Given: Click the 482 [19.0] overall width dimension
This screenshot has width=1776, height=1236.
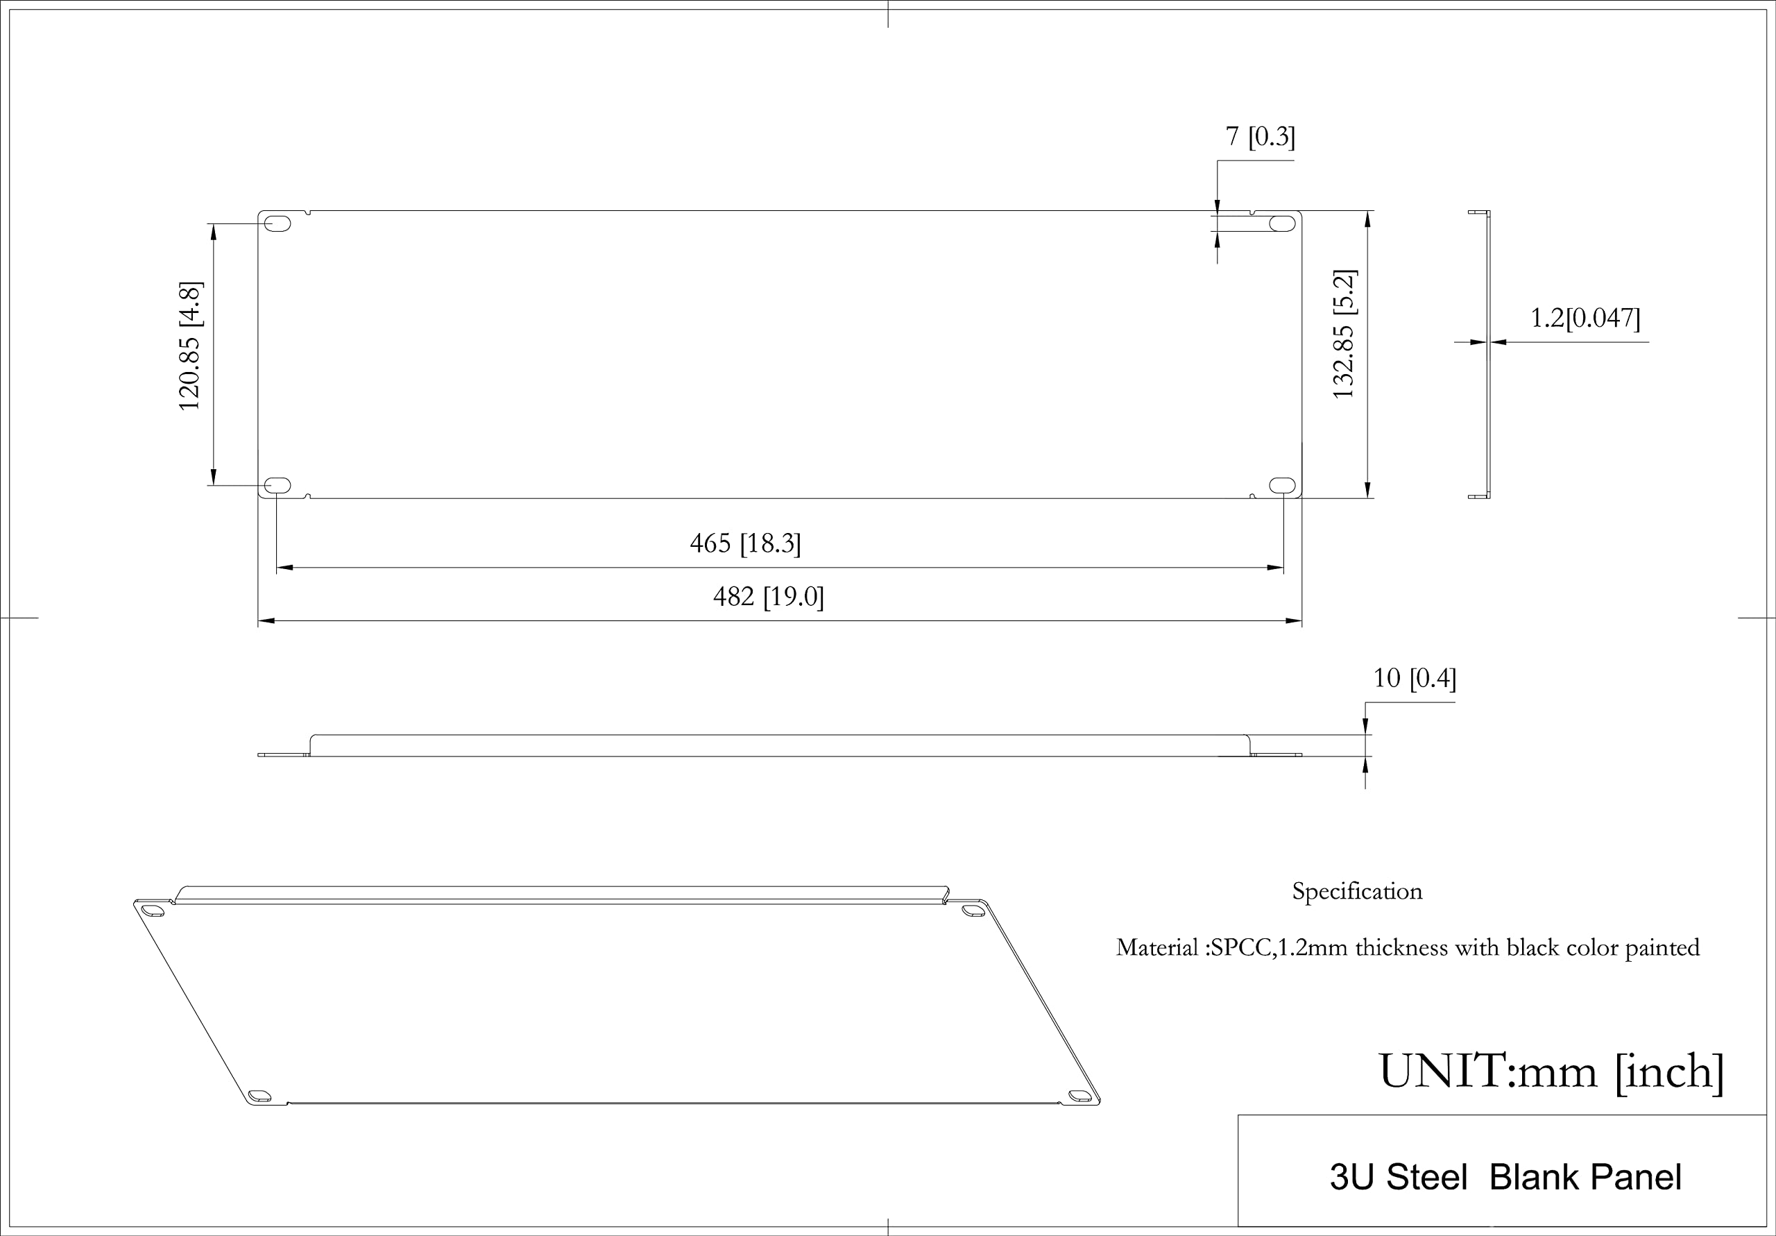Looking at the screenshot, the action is tap(768, 597).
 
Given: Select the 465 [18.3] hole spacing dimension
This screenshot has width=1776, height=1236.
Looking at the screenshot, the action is tap(745, 543).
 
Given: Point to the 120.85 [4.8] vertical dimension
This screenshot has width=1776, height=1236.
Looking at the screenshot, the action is tap(190, 346).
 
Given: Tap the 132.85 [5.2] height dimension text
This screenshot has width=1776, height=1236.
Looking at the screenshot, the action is tap(1344, 334).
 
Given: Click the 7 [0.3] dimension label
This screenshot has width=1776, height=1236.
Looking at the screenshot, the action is tap(1260, 136).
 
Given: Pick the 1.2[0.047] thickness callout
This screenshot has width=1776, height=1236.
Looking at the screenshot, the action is tap(1585, 317).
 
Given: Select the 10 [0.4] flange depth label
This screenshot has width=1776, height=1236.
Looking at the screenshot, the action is tap(1414, 678).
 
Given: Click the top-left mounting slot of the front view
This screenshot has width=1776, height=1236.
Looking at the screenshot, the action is tap(277, 223).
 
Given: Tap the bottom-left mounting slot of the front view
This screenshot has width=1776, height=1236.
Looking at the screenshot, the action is tap(277, 485).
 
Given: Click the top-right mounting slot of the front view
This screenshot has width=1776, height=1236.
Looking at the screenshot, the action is tap(1282, 223).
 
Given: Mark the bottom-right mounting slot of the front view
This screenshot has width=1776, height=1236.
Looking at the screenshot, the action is tap(1282, 485).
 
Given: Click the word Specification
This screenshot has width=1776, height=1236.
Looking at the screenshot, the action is tap(1357, 892).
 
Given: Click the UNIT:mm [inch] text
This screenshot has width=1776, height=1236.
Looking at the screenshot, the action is tap(1552, 1072).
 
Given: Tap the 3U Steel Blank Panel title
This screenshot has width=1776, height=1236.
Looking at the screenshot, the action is tap(1505, 1177).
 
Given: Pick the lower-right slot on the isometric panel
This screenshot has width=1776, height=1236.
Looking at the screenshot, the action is tap(1078, 1095).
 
